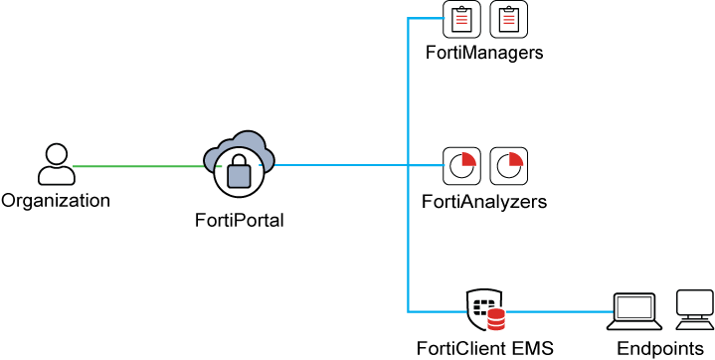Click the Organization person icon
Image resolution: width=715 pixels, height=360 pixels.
pos(56,164)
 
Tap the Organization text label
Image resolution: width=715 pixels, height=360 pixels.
pos(56,201)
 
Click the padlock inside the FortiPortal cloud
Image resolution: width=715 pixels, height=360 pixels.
pos(239,173)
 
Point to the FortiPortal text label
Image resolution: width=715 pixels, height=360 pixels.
pos(239,221)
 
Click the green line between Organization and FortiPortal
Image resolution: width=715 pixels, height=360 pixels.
pos(139,166)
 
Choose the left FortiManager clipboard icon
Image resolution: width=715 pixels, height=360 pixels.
pos(461,18)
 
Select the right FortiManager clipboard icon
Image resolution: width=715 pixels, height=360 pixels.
pos(508,18)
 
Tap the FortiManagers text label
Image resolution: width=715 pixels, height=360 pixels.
pos(484,53)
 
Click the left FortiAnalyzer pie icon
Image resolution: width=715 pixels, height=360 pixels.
pos(461,165)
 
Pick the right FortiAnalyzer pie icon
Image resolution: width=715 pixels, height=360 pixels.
pos(508,165)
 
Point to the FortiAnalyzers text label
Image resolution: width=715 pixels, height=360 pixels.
pos(484,202)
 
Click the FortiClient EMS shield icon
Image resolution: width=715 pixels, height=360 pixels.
pos(485,310)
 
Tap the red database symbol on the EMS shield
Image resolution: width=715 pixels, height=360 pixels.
pos(495,320)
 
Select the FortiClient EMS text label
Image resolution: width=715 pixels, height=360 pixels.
pos(485,348)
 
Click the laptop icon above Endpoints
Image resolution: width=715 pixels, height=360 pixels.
pos(633,310)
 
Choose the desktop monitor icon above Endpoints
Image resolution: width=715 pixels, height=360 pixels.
pos(693,308)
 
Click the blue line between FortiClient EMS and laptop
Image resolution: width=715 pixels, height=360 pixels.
pos(557,312)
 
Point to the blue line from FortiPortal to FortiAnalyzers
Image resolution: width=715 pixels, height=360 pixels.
pos(338,166)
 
